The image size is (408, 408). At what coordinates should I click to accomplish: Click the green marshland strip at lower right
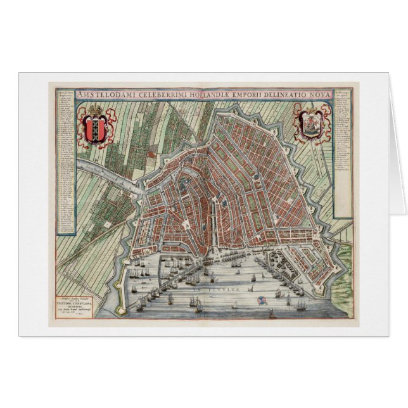pos(347,272)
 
